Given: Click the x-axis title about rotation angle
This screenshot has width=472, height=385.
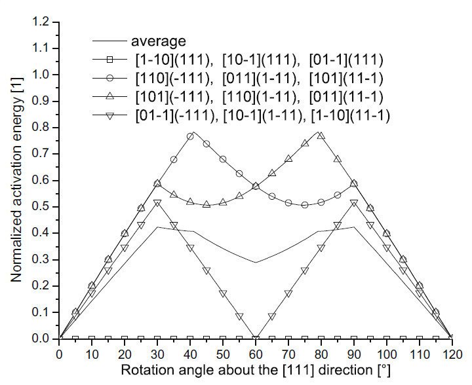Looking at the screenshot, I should (x=256, y=371).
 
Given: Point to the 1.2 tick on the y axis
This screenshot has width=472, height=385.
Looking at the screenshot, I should (x=42, y=22).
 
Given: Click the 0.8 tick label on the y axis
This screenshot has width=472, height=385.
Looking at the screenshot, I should (x=42, y=128).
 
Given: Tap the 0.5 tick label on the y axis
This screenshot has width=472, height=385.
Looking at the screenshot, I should (x=42, y=207).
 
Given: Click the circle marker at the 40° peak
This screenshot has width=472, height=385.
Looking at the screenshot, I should (x=190, y=136).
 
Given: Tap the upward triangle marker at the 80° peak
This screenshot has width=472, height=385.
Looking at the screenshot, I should (x=321, y=135).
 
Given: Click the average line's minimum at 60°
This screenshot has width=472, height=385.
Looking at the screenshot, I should (x=256, y=263).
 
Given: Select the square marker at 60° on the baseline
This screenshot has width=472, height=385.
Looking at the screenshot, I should (x=256, y=339).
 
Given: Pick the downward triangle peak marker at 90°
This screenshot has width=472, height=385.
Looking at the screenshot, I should (x=353, y=204).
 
